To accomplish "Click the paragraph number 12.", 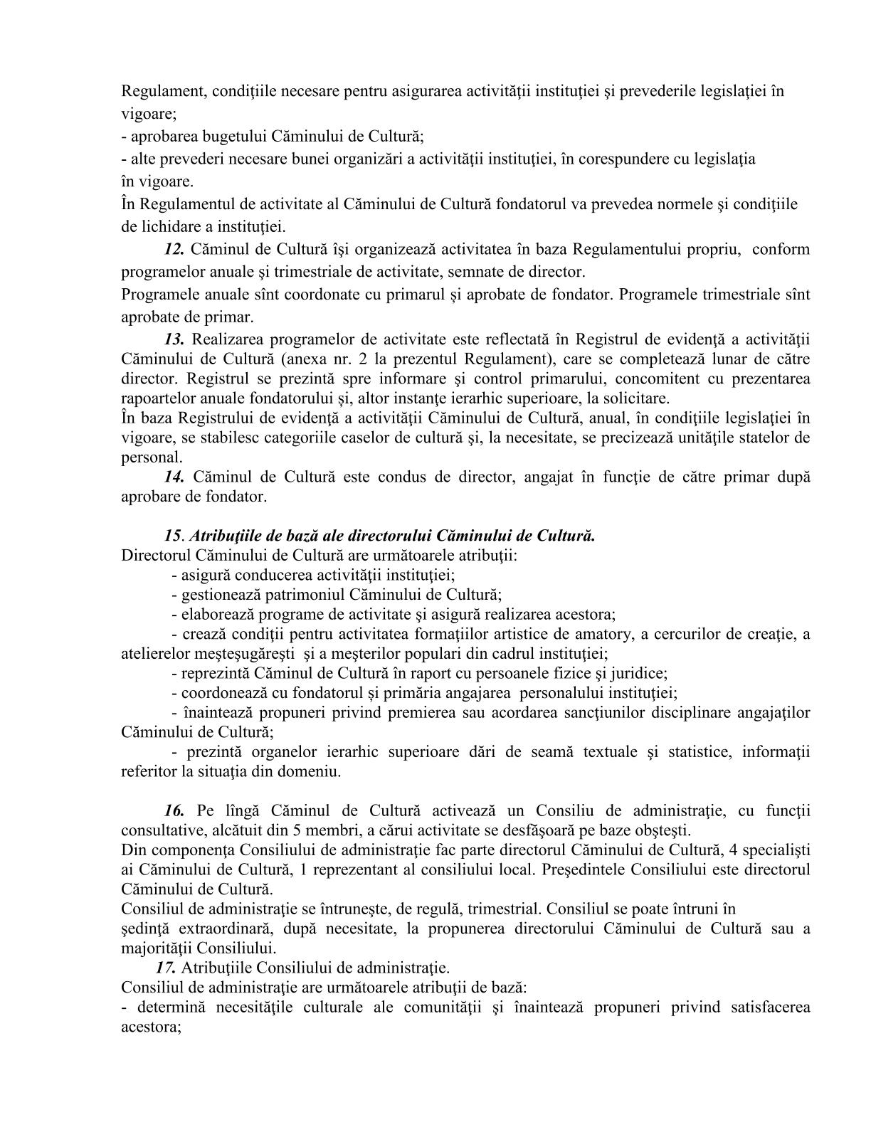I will pos(174,250).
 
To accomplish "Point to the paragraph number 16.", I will pos(174,812).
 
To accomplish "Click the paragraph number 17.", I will pos(166,968).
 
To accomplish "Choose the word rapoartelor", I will pos(157,398).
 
